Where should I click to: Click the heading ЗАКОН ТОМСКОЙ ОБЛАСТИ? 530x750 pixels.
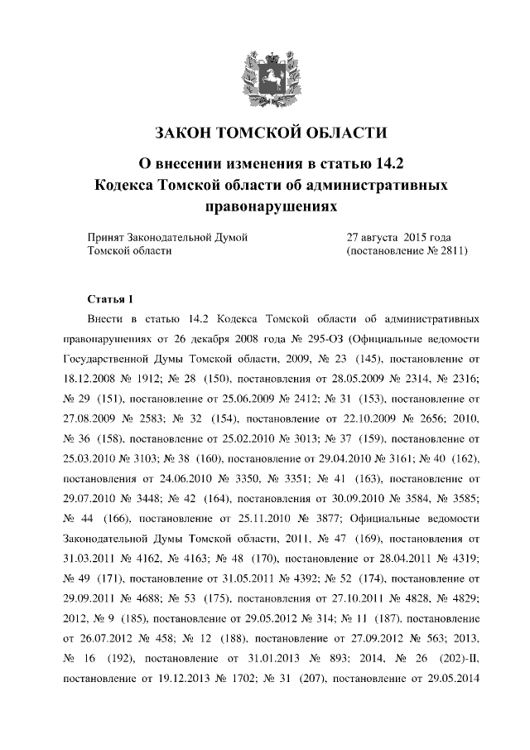pyautogui.click(x=265, y=133)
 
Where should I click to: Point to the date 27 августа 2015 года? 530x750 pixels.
pyautogui.click(x=397, y=237)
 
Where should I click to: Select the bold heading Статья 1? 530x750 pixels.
pyautogui.click(x=108, y=298)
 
